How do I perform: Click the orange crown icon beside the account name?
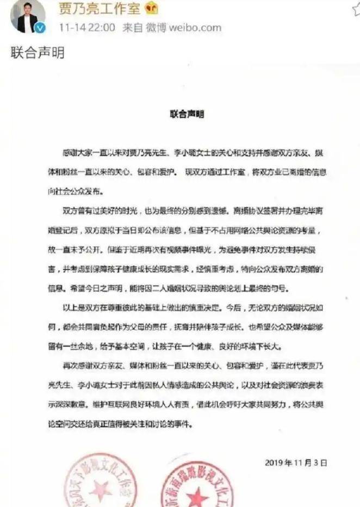coord(151,8)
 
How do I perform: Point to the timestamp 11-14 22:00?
coord(87,28)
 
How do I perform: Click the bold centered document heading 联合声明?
coord(187,116)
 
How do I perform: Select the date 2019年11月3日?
coord(296,463)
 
